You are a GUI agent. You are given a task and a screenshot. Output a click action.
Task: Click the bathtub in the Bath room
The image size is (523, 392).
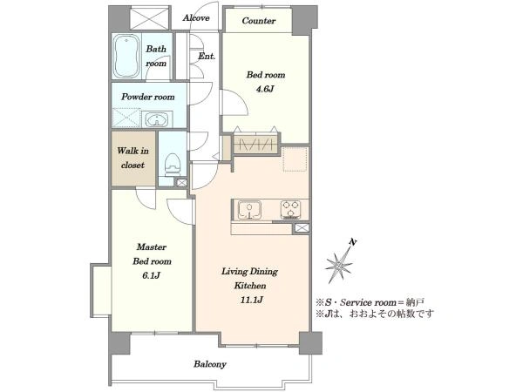point(126,57)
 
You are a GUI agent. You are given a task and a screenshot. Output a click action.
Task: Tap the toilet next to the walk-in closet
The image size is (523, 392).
point(173,165)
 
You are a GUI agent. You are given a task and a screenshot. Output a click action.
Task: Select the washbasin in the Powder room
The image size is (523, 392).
point(157,119)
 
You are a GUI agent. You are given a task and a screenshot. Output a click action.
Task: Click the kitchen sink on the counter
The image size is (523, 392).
point(249,210)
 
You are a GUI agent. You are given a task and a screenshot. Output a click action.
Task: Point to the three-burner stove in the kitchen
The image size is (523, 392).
point(290,209)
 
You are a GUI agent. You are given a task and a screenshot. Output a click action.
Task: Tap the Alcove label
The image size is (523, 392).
point(196,17)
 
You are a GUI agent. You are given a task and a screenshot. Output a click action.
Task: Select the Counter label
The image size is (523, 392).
point(259,21)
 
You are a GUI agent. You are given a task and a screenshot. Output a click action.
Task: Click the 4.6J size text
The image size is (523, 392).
point(265,89)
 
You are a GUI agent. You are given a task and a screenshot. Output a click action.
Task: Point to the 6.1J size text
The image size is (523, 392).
point(152,275)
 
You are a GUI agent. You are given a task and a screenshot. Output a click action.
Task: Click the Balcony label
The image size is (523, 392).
point(210,364)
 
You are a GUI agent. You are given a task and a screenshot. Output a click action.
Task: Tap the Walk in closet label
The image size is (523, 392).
point(132,158)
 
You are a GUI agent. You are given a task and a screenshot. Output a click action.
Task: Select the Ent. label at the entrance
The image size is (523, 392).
point(207,57)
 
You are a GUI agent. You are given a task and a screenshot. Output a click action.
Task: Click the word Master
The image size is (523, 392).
point(152,247)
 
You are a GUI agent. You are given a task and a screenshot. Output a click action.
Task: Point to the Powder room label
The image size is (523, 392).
point(148,97)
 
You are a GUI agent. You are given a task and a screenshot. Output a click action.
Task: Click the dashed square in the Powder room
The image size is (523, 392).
point(126,118)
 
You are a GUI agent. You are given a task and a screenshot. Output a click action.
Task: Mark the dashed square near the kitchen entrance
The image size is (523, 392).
point(295,159)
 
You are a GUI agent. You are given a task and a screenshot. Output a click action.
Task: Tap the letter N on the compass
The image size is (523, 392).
point(352,242)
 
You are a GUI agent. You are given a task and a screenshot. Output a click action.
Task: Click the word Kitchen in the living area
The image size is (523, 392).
point(250,286)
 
